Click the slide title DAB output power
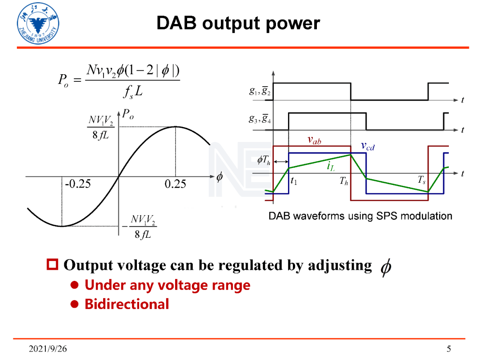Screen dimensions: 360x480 [x=238, y=24]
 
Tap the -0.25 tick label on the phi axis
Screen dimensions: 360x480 [x=78, y=184]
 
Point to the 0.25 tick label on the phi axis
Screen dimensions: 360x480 [x=175, y=184]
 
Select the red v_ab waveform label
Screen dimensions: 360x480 [x=315, y=140]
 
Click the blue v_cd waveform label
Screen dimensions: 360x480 [x=368, y=146]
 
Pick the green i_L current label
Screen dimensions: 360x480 [x=330, y=167]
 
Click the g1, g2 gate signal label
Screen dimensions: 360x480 [x=259, y=92]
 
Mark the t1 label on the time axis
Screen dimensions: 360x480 [x=293, y=181]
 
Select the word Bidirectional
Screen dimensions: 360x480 [x=127, y=304]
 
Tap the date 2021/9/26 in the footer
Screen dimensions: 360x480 [x=48, y=348]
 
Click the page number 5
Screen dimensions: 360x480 [x=449, y=348]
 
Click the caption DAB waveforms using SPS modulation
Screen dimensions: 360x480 [x=360, y=216]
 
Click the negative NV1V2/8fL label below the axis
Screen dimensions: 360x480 [x=141, y=226]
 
